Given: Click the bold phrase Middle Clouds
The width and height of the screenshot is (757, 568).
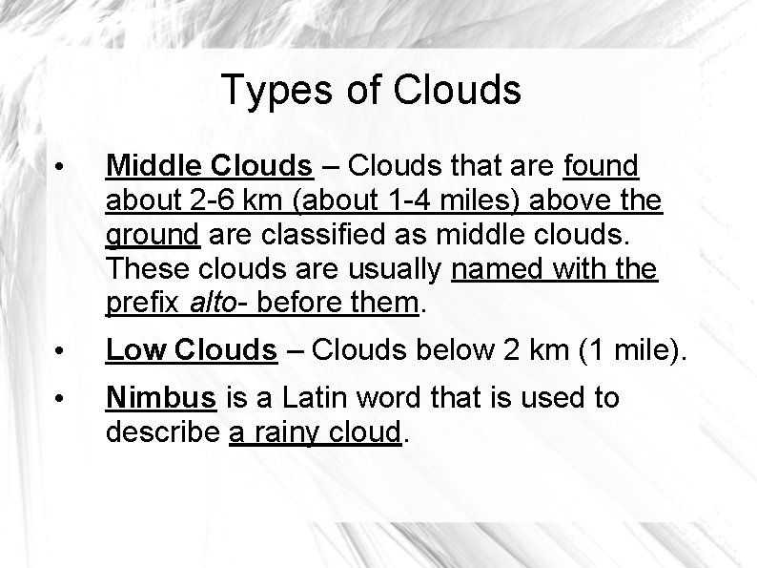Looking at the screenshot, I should tap(210, 167).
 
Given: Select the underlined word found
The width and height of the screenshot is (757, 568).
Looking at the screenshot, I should tap(601, 167).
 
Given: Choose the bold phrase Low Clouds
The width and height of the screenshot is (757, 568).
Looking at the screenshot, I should tap(191, 351).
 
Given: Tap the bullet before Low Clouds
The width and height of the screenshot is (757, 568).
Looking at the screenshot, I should tap(59, 353).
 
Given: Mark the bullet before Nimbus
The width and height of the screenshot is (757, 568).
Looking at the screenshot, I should tap(59, 398).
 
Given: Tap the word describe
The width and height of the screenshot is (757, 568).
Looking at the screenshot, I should tap(163, 432).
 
